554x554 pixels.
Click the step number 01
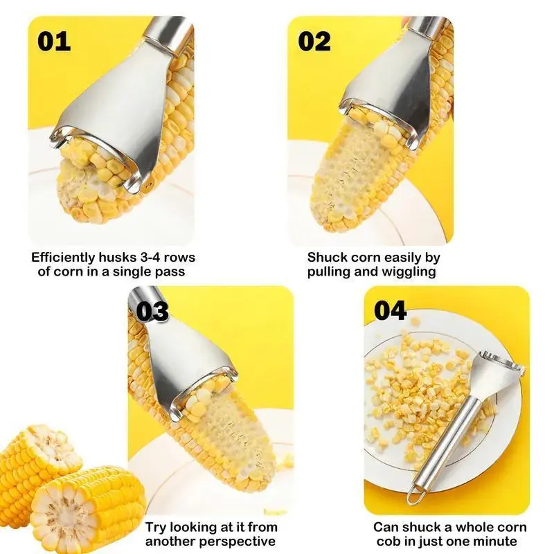(x=54, y=42)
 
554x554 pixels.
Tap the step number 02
(x=314, y=42)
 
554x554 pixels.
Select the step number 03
(x=152, y=311)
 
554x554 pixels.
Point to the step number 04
(x=390, y=310)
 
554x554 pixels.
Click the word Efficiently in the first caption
(x=63, y=257)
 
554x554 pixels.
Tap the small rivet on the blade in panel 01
(x=149, y=184)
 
